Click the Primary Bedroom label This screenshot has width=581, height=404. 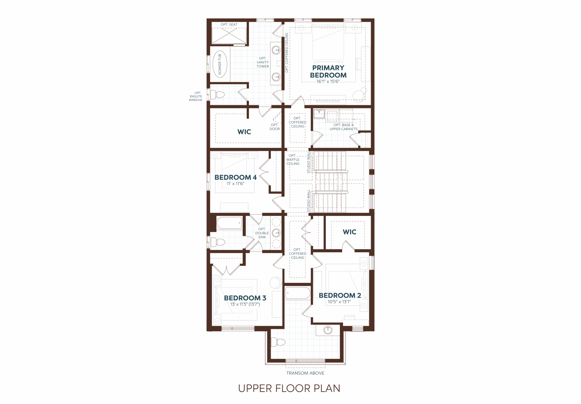[x=328, y=72]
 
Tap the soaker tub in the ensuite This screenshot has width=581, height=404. [x=220, y=64]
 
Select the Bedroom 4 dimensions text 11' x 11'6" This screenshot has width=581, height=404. [x=235, y=184]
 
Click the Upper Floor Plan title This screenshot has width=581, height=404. [x=289, y=389]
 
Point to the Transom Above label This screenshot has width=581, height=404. [x=305, y=373]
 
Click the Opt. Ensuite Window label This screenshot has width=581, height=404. [x=196, y=97]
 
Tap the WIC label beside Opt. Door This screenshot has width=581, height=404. [x=244, y=132]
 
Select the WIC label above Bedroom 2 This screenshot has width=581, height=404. [x=350, y=232]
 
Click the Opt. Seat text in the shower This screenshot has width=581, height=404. [x=229, y=24]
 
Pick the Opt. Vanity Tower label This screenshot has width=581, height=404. [x=263, y=62]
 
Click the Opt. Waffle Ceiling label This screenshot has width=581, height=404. [x=293, y=160]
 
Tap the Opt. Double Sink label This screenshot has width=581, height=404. [x=262, y=233]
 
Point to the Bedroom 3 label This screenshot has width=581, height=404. [x=245, y=298]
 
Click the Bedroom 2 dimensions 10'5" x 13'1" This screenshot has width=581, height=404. [x=339, y=302]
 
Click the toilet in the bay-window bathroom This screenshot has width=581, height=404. [x=278, y=342]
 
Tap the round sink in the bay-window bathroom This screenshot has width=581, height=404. [x=328, y=330]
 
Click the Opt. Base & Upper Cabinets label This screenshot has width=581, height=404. [x=343, y=127]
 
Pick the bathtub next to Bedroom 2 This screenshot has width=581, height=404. [x=298, y=293]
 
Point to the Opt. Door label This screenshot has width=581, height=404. [x=275, y=127]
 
